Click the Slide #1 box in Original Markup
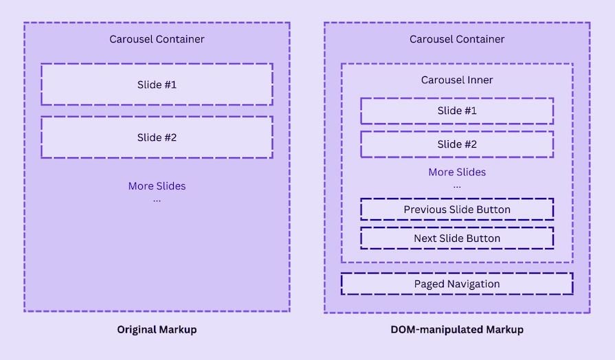click(x=157, y=85)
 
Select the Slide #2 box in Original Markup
click(x=157, y=137)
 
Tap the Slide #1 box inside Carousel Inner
click(x=457, y=111)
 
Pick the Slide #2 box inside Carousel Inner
click(x=457, y=144)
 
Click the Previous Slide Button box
click(x=457, y=209)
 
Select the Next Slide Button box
click(x=457, y=238)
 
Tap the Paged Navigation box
click(x=457, y=284)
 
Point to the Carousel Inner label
click(x=457, y=80)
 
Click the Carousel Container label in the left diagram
click(x=157, y=39)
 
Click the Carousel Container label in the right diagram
click(x=457, y=39)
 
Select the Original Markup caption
click(x=157, y=330)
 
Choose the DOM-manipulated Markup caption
click(x=457, y=330)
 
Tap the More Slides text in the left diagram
click(x=157, y=186)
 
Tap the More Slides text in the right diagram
click(x=457, y=172)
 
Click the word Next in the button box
click(x=425, y=238)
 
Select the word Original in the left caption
click(x=136, y=330)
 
